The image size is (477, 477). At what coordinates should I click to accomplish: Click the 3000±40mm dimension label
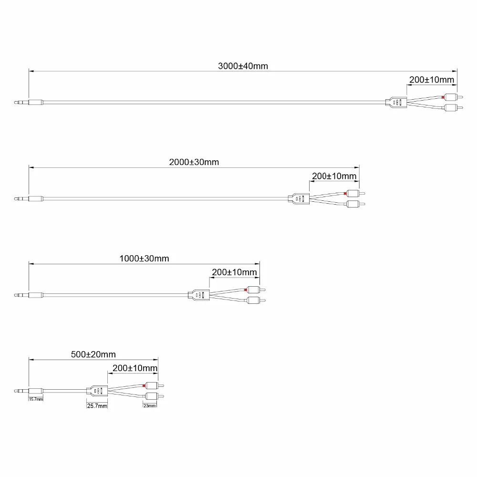pos(243,66)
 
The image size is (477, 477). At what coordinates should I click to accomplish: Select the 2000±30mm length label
pos(194,162)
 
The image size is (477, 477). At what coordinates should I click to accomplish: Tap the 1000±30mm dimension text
pos(144,259)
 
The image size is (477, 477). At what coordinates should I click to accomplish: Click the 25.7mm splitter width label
pos(97,405)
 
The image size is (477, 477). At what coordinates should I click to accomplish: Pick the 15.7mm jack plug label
pos(36,399)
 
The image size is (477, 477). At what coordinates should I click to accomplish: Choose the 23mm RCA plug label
pos(150,405)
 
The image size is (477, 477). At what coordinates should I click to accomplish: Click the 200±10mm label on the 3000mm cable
pos(432,80)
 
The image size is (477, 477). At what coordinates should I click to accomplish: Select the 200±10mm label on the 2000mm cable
pos(334,176)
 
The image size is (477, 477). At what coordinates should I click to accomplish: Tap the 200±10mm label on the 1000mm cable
pos(234,272)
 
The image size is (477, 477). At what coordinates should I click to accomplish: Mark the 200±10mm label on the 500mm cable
pos(135,368)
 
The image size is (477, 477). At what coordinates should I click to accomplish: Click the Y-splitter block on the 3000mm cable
pos(396,102)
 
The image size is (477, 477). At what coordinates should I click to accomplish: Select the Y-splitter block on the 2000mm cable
pos(299,198)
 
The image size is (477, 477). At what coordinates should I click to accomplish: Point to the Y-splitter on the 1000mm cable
pos(199,295)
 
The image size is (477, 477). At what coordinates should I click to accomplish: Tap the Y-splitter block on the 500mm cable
pos(98,391)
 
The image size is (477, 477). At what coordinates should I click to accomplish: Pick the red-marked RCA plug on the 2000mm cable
pos(353,193)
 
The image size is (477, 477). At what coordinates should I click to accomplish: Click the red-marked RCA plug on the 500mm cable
pos(152,385)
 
